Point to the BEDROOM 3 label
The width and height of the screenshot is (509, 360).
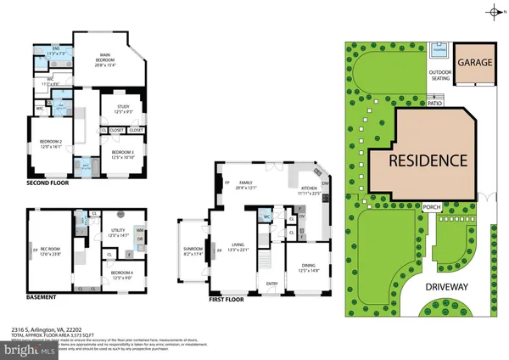124,154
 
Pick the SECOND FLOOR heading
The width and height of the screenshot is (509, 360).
48,183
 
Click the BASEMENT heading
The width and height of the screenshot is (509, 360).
42,297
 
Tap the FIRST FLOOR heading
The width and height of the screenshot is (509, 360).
233,300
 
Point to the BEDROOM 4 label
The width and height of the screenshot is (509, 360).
119,272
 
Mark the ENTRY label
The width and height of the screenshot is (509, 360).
272,284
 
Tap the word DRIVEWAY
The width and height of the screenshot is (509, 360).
459,288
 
